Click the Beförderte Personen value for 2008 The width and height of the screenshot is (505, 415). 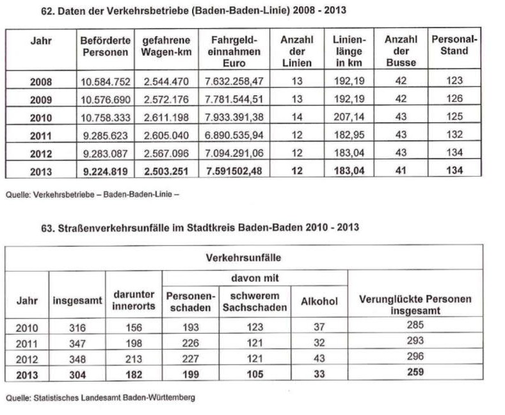pyautogui.click(x=104, y=82)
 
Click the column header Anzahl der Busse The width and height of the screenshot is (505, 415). pyautogui.click(x=401, y=51)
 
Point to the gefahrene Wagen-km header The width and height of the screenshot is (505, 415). pyautogui.click(x=164, y=45)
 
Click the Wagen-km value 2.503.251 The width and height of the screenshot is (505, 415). pyautogui.click(x=164, y=170)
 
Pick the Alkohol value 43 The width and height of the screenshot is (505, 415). pyautogui.click(x=319, y=357)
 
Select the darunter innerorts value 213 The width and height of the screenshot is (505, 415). pyautogui.click(x=134, y=357)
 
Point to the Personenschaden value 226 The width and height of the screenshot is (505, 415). pyautogui.click(x=191, y=342)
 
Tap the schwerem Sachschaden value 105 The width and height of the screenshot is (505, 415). pyautogui.click(x=255, y=373)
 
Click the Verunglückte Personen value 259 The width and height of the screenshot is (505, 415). pyautogui.click(x=415, y=372)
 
